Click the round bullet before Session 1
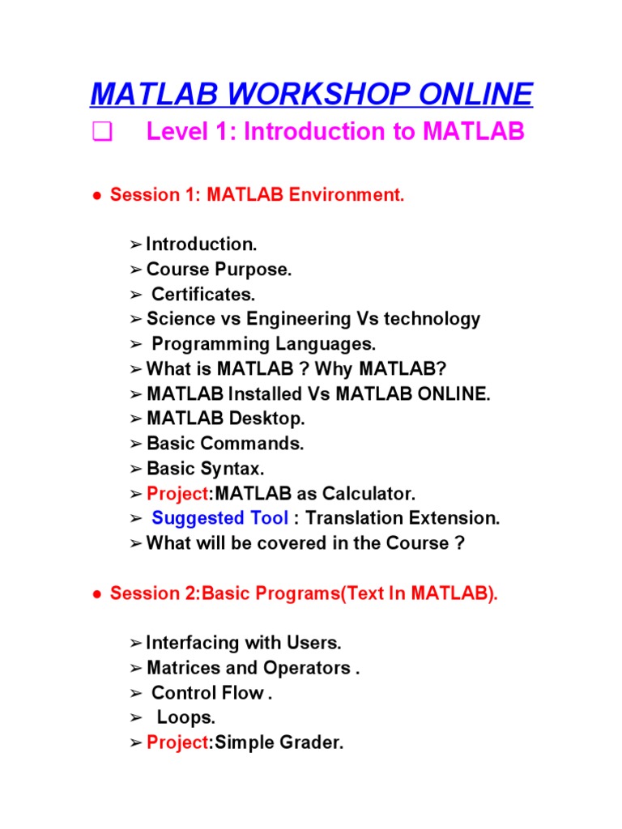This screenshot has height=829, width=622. pyautogui.click(x=96, y=196)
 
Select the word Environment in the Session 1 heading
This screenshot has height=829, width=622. pyautogui.click(x=352, y=195)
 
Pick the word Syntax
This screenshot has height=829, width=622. pyautogui.click(x=236, y=469)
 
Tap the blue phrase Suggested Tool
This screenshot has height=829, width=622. pyautogui.click(x=219, y=518)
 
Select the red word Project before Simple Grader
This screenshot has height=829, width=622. pyautogui.click(x=177, y=742)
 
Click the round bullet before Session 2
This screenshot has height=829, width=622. pyautogui.click(x=96, y=595)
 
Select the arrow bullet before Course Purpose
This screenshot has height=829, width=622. pyautogui.click(x=135, y=270)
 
